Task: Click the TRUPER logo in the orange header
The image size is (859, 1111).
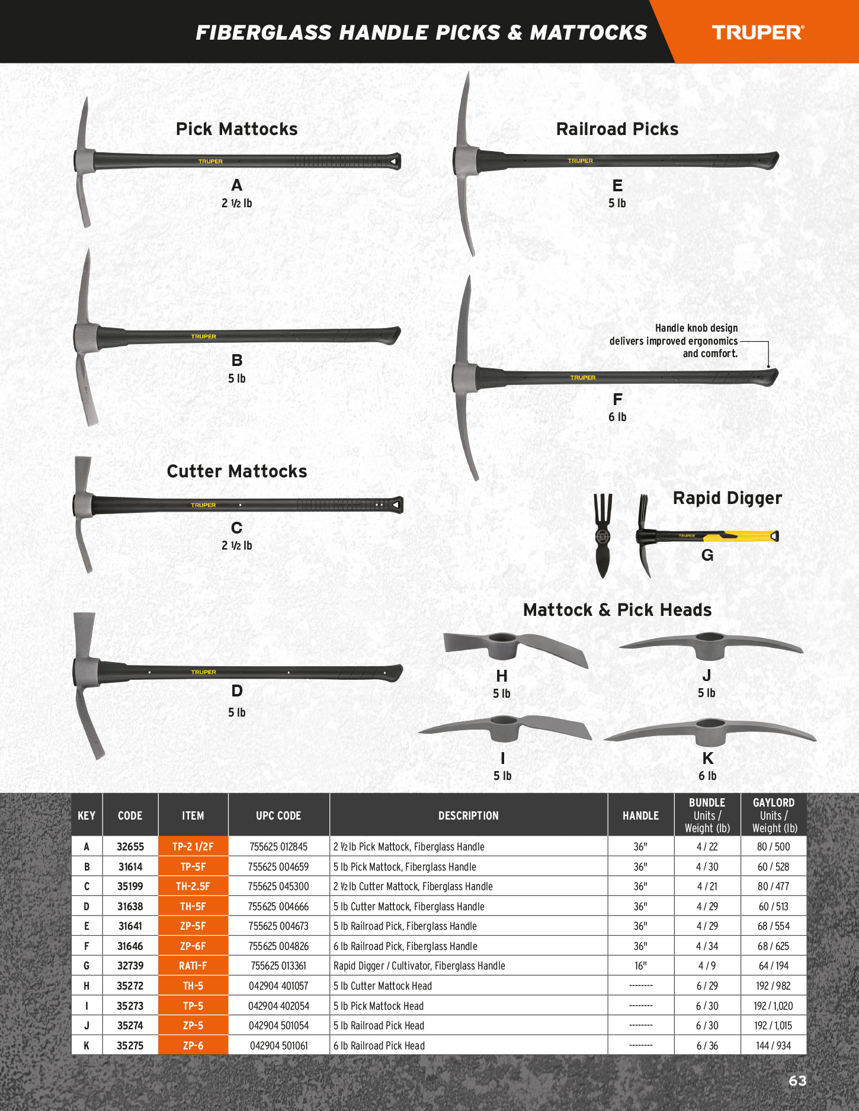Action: [x=758, y=33]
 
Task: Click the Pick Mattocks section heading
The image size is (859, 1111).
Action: [x=236, y=129]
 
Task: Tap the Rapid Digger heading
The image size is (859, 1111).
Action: [x=727, y=498]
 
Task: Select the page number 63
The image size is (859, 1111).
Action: [x=797, y=1081]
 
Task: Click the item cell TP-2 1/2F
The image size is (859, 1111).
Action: [x=193, y=847]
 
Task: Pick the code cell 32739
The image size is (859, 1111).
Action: [x=130, y=966]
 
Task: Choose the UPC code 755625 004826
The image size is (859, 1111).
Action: [x=278, y=946]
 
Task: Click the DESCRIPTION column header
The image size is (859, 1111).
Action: [x=468, y=815]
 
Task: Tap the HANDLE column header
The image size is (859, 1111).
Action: [x=640, y=815]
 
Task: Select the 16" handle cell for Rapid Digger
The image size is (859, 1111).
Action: [x=640, y=966]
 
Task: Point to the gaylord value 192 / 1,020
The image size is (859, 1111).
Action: [x=773, y=1006]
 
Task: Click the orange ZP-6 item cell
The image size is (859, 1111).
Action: [x=193, y=1046]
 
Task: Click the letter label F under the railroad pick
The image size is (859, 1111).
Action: [x=617, y=400]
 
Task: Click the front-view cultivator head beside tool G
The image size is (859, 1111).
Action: [x=602, y=536]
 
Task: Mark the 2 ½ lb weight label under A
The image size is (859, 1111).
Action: [x=236, y=203]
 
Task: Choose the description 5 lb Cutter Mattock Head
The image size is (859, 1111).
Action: [x=383, y=986]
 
